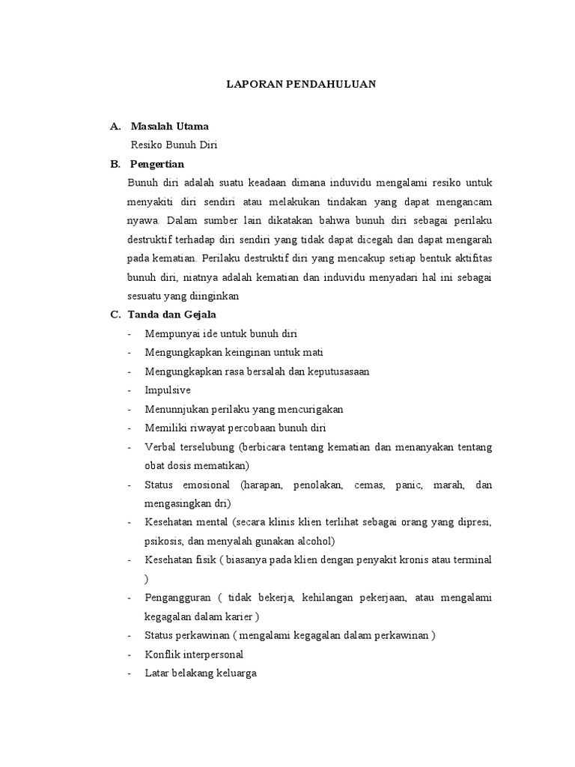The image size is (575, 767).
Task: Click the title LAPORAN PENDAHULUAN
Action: [301, 85]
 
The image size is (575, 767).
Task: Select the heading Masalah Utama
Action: [169, 126]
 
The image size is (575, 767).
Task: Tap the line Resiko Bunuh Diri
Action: [174, 145]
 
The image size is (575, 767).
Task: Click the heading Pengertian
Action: [156, 164]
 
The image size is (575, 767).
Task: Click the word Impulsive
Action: [168, 390]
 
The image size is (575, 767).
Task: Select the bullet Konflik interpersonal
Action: [194, 654]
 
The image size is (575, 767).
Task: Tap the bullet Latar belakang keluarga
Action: [201, 673]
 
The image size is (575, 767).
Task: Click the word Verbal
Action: [159, 447]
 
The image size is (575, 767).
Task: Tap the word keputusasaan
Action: [337, 372]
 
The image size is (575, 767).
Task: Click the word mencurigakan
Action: [307, 409]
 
